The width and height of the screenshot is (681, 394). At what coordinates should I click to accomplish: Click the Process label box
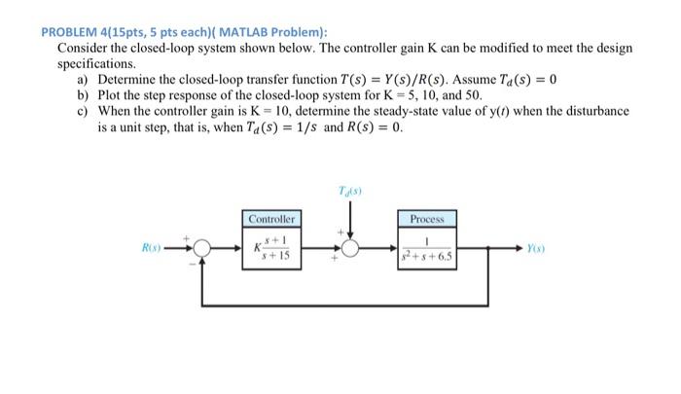[426, 220]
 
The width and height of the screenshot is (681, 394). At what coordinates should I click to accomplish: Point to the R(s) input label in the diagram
[150, 249]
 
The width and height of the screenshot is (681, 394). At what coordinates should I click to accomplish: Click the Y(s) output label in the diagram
[535, 249]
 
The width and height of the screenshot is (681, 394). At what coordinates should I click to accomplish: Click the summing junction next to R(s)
[200, 249]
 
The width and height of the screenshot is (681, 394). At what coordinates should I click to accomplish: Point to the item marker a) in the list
[83, 79]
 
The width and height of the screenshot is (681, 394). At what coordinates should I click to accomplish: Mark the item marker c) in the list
[83, 111]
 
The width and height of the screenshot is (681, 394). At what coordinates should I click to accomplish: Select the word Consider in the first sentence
[84, 47]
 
